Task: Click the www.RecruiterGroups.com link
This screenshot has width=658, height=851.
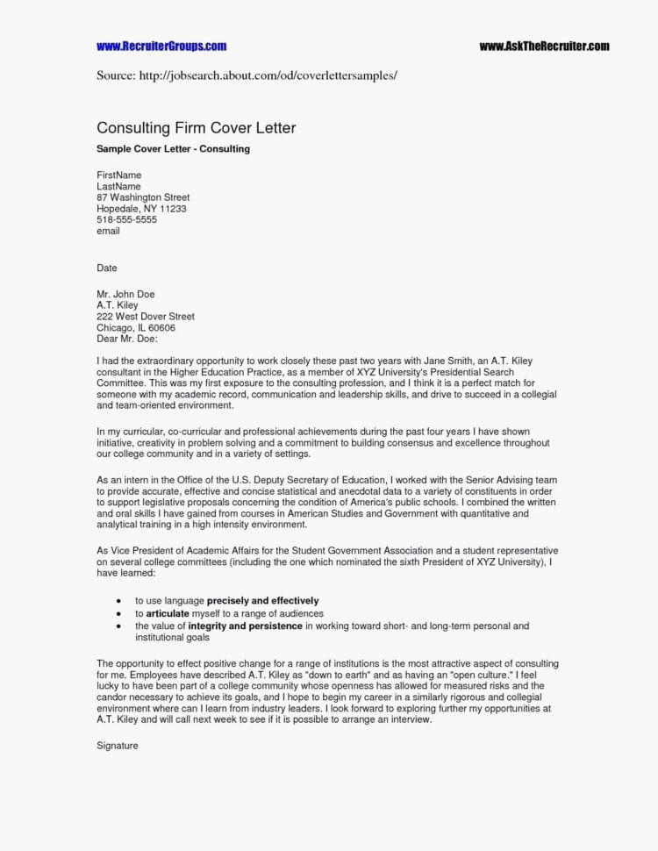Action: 161,46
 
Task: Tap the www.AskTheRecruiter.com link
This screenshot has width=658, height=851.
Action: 544,46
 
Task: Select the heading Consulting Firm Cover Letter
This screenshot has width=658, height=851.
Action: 196,128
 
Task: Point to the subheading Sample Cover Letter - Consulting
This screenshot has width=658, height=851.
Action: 173,149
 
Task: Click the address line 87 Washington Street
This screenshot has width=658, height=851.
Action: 143,198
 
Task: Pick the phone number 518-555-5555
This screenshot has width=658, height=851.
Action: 126,220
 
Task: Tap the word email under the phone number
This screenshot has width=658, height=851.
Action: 108,232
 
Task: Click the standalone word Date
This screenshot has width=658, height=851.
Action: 106,268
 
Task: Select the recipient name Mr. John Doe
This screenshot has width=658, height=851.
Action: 125,295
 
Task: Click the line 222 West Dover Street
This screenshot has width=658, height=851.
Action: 146,317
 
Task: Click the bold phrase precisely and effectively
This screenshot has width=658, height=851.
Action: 262,601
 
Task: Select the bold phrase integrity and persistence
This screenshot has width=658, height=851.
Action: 246,627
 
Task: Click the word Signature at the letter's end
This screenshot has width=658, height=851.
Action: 118,746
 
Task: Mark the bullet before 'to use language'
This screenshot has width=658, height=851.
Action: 118,602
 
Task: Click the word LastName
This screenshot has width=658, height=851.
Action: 118,187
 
